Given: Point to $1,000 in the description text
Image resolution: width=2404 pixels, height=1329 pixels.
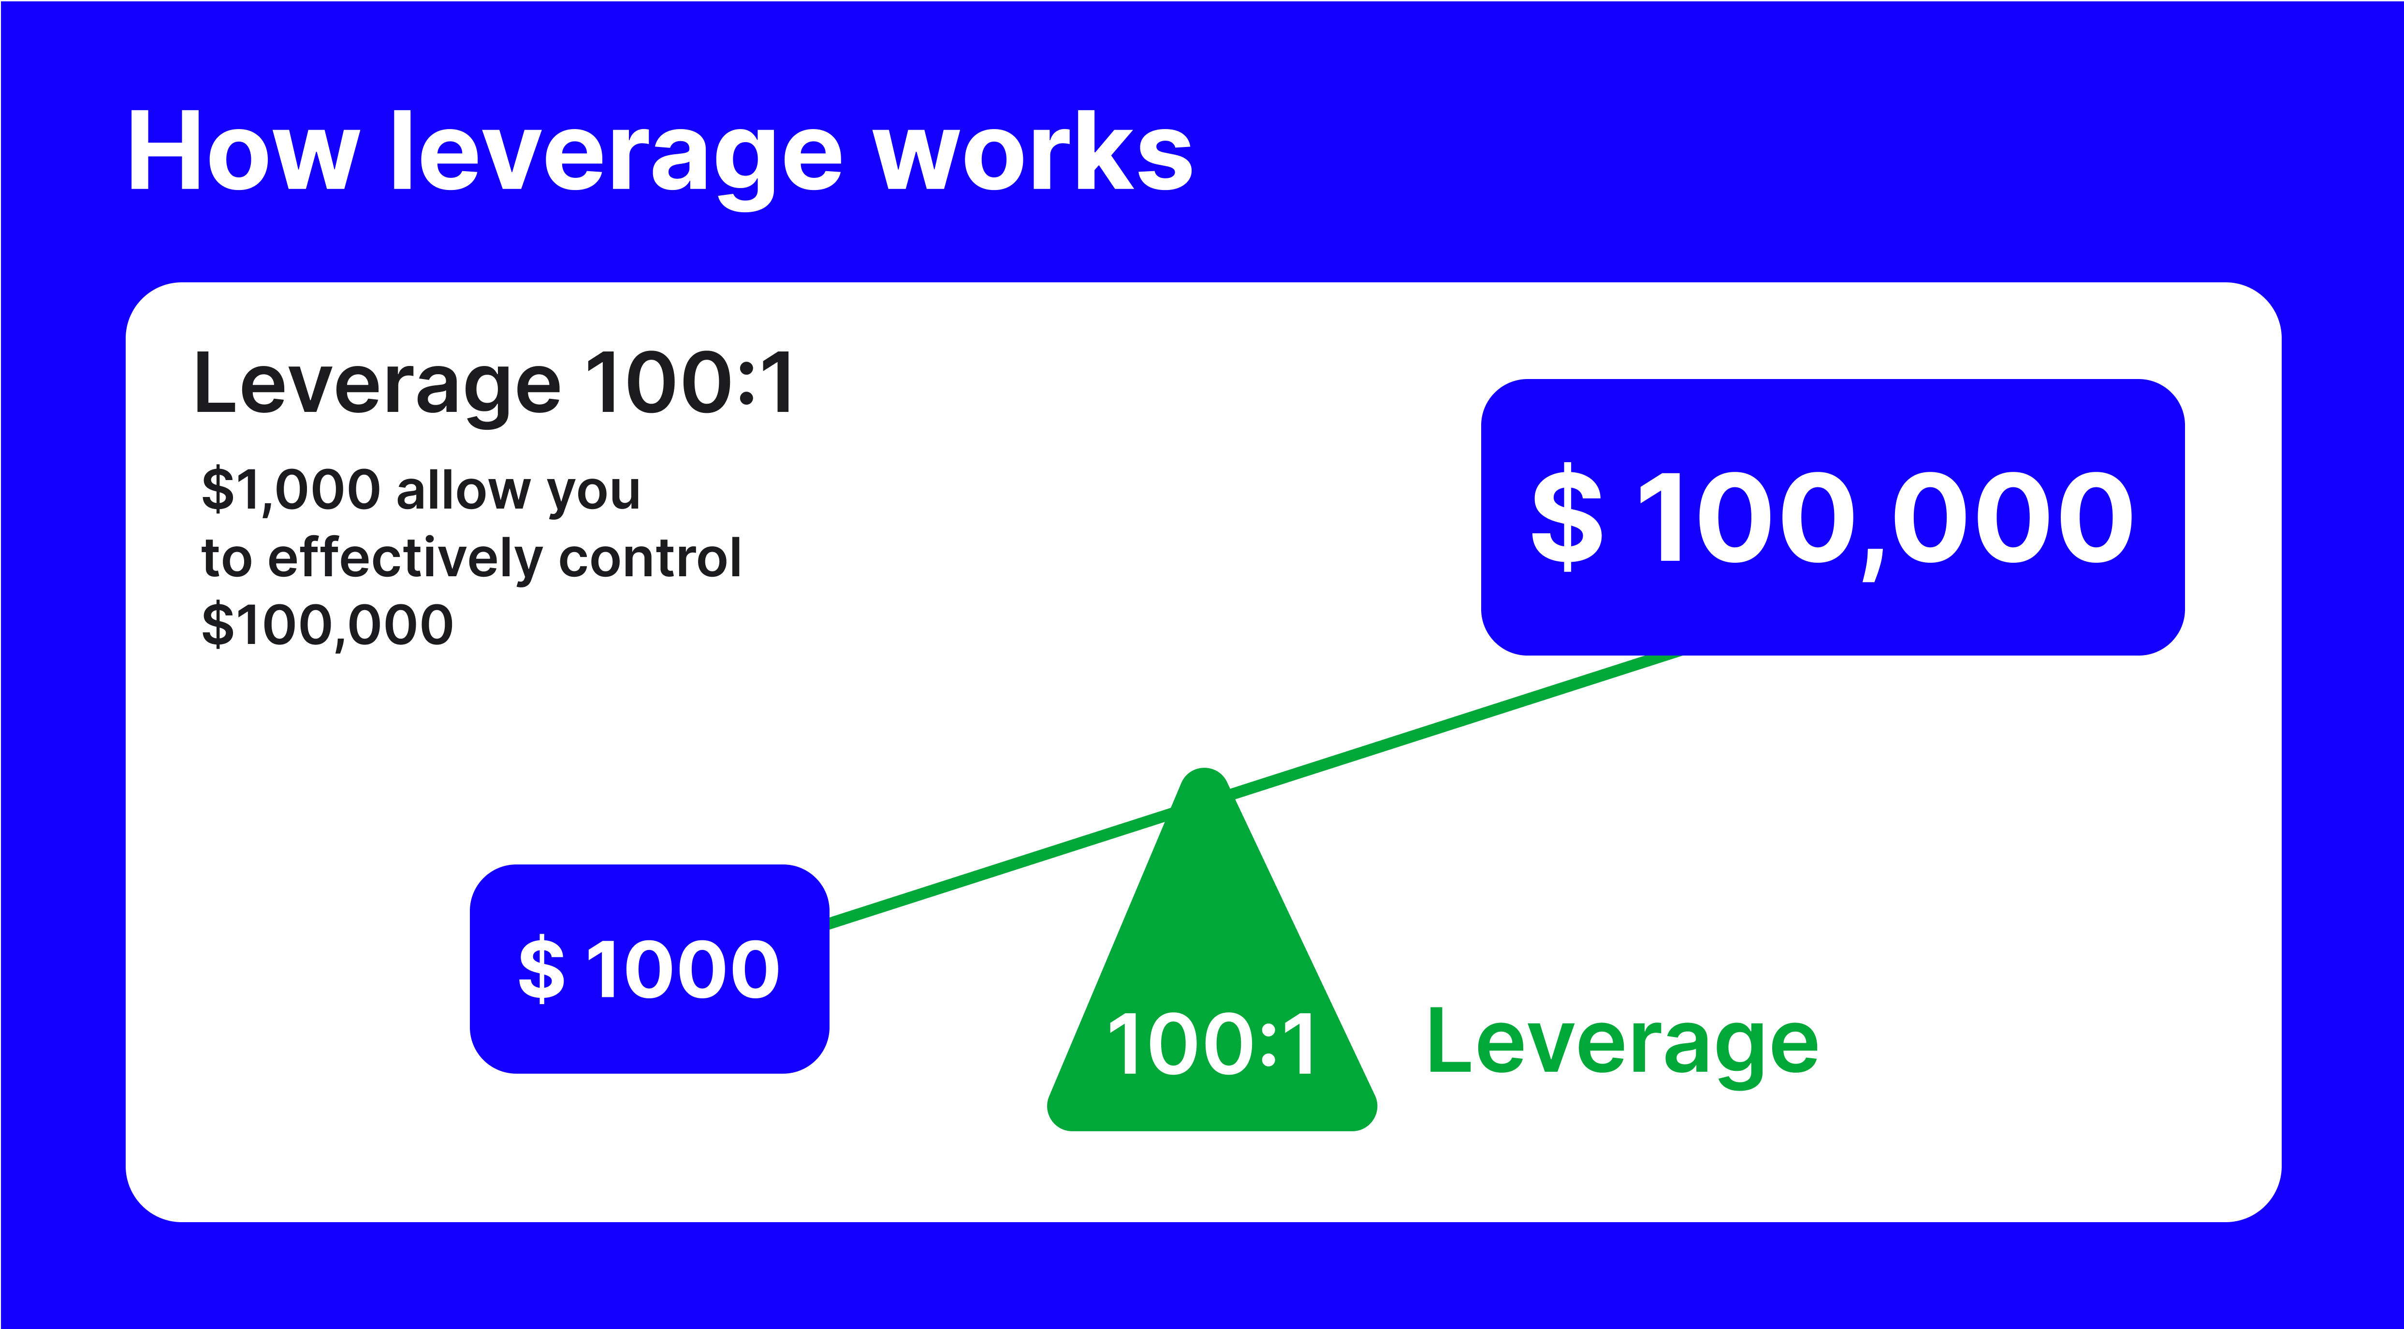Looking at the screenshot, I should [x=291, y=490].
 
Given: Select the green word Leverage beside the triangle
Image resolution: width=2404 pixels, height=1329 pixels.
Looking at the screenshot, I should [x=1622, y=1043].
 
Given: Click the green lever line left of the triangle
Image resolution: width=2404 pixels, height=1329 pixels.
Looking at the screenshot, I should [x=999, y=870].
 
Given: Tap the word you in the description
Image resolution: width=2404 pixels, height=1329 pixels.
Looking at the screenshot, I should [x=594, y=492].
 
